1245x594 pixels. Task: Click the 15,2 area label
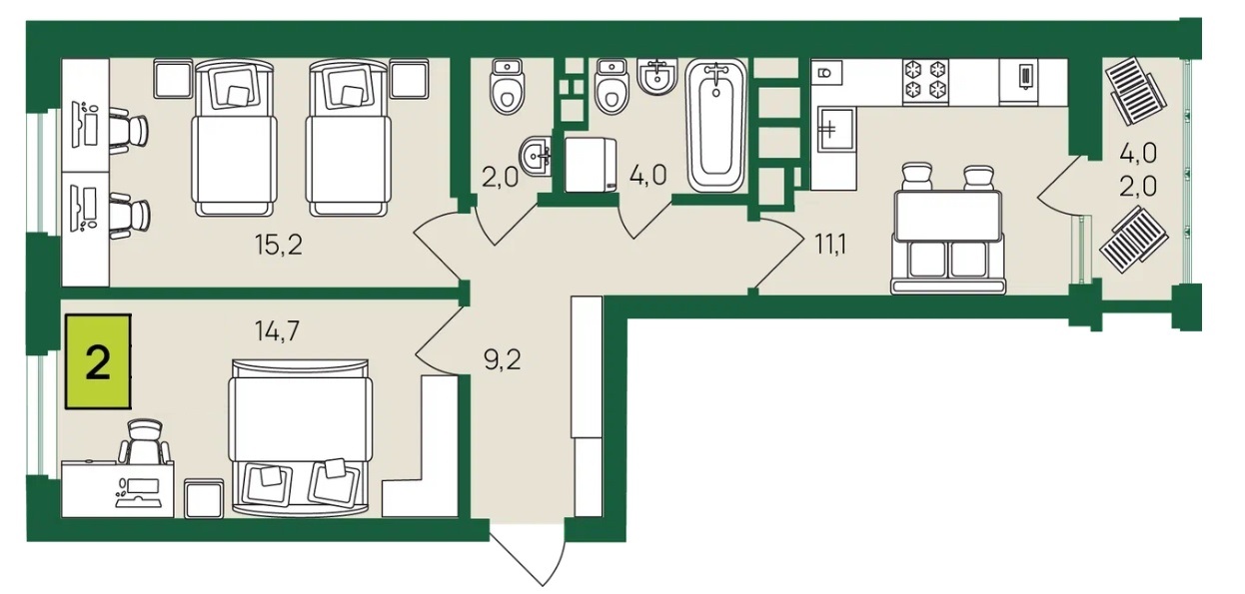click(x=279, y=245)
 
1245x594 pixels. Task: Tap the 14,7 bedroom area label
click(x=278, y=331)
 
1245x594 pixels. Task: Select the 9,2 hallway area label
click(x=502, y=360)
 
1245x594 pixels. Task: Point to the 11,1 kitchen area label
click(x=830, y=245)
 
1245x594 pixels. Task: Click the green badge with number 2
click(x=98, y=361)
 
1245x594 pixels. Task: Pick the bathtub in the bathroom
click(x=715, y=126)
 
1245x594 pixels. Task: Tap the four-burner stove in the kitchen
click(x=925, y=82)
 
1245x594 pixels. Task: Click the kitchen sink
click(x=835, y=130)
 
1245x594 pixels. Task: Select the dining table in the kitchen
click(x=948, y=216)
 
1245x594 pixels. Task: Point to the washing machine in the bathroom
click(x=591, y=165)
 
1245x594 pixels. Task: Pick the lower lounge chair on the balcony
click(x=1133, y=241)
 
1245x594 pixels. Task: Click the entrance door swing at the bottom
click(x=527, y=562)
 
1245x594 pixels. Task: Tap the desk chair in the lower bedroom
click(x=144, y=442)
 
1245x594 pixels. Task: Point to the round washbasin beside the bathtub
click(x=657, y=76)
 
